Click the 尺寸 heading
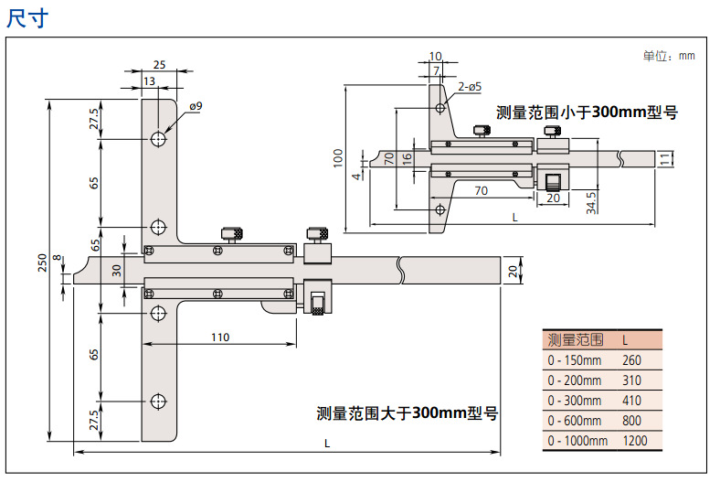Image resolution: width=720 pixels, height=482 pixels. [x=26, y=17]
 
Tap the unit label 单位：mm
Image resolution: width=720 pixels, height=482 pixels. [x=668, y=56]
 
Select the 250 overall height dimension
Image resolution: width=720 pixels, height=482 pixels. [x=42, y=262]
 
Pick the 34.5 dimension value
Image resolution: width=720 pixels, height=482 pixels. [x=591, y=201]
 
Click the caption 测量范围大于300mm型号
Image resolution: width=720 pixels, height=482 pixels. [x=407, y=413]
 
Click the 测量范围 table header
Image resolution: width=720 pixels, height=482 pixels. [x=575, y=339]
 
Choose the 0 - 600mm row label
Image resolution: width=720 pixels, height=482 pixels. [x=575, y=420]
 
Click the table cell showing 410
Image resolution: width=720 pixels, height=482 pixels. [x=631, y=400]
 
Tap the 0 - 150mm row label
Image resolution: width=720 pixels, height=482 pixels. [x=575, y=359]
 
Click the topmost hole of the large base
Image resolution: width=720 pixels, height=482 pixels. [x=159, y=139]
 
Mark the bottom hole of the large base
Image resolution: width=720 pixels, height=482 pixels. [x=159, y=401]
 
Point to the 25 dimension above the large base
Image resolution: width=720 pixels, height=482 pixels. [x=158, y=65]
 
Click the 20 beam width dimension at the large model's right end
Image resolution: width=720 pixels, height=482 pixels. [x=513, y=270]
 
